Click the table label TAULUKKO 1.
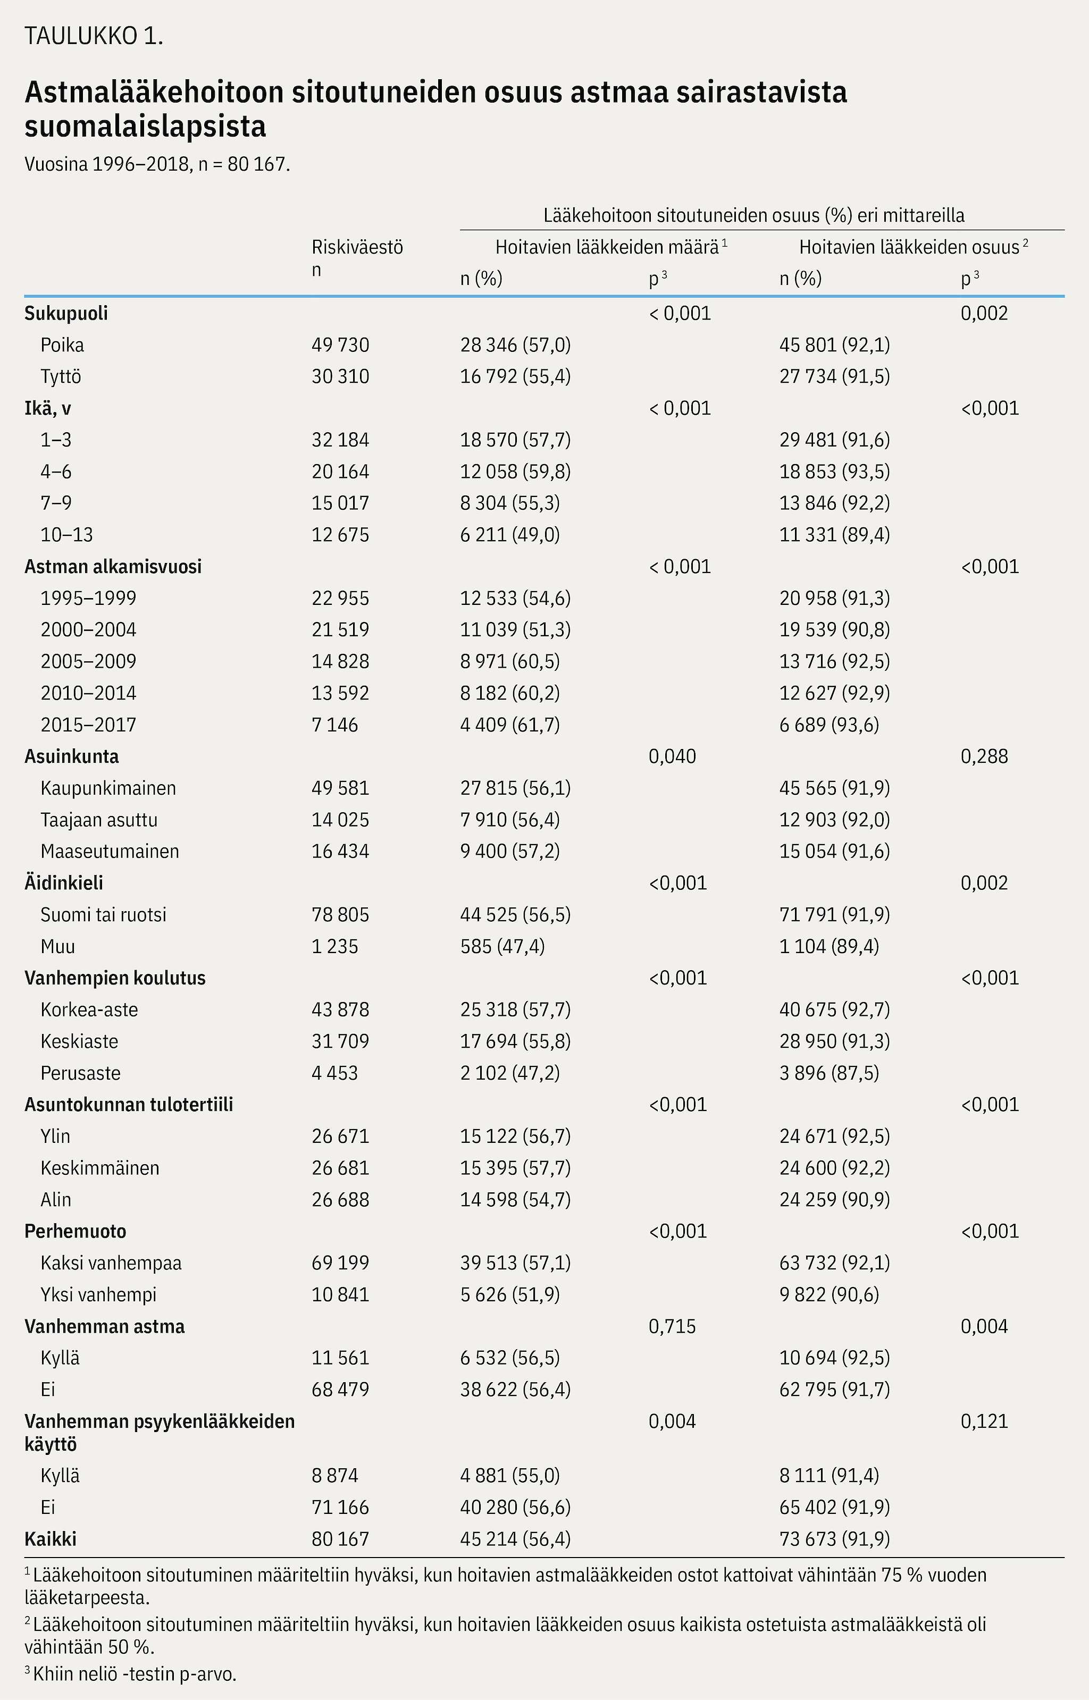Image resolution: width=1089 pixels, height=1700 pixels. tap(94, 37)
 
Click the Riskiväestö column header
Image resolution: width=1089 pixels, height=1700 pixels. tap(357, 247)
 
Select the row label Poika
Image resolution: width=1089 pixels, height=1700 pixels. tap(62, 345)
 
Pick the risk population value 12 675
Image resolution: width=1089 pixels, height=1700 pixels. tap(340, 534)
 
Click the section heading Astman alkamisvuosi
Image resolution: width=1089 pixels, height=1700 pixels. tap(113, 566)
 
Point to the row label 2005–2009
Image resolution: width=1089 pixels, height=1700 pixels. tap(88, 661)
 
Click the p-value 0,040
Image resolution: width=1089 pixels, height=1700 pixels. tap(672, 756)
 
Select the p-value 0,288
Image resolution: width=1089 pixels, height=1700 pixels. tap(984, 756)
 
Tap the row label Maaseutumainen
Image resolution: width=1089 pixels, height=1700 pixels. tap(110, 851)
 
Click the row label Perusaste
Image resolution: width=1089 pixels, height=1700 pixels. tap(81, 1073)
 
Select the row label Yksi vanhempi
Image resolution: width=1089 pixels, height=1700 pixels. tap(98, 1294)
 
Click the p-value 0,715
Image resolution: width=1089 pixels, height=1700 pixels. tap(672, 1326)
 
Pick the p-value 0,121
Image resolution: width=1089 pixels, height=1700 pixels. tap(984, 1421)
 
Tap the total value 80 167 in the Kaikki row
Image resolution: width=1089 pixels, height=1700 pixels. tap(340, 1539)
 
